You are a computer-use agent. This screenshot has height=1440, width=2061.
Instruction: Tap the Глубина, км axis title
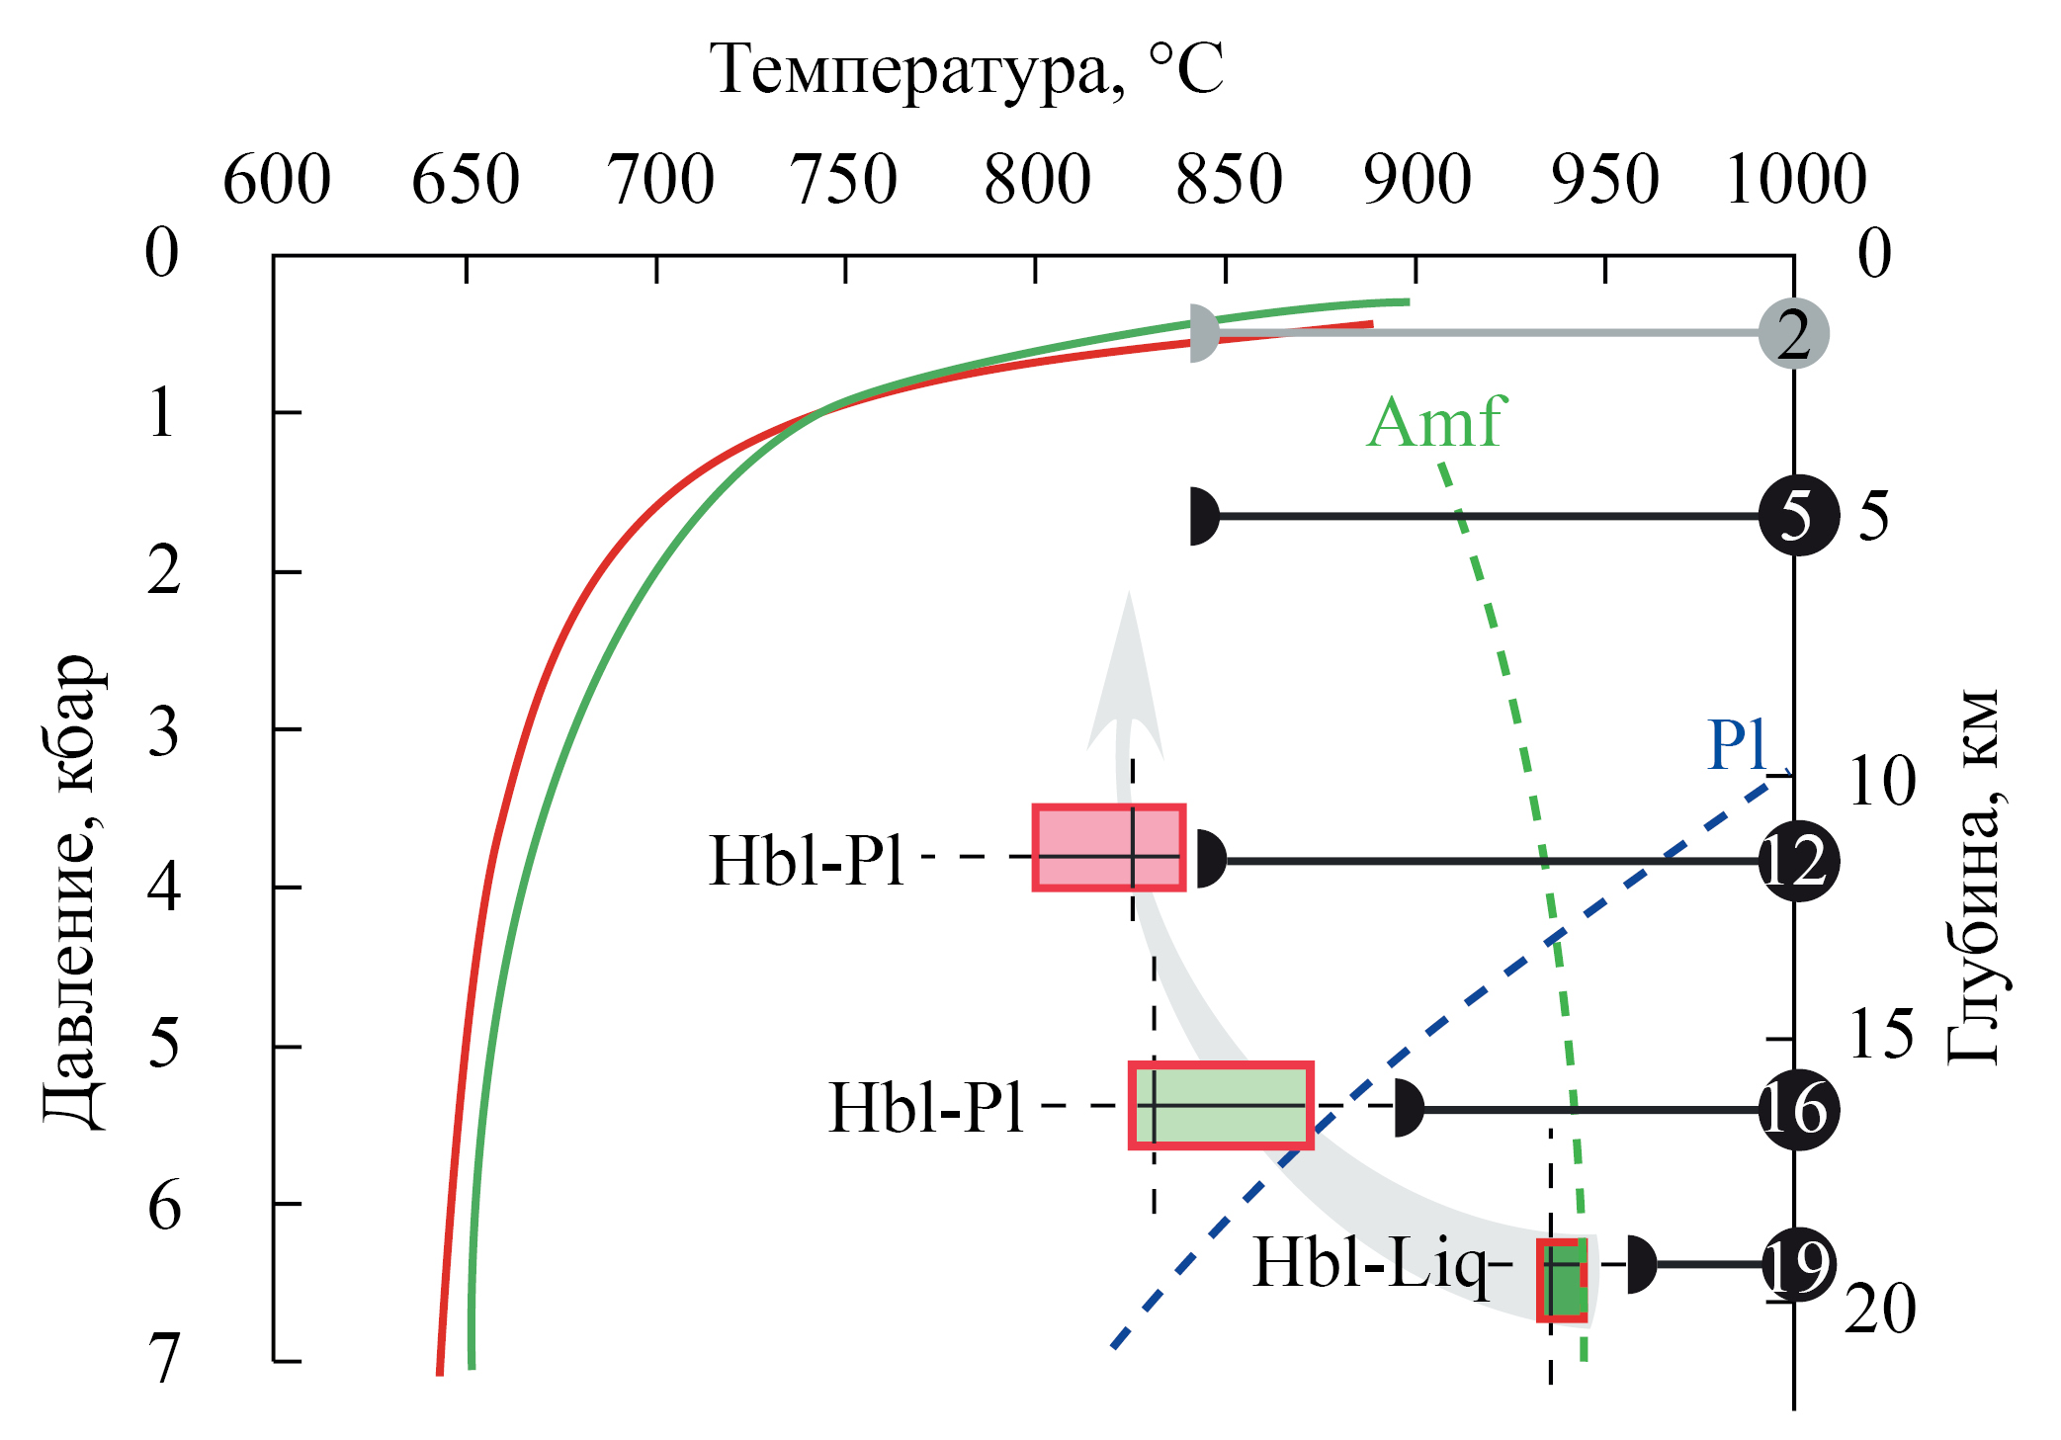coord(1974,878)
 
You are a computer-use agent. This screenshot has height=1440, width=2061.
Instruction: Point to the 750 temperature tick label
coord(843,180)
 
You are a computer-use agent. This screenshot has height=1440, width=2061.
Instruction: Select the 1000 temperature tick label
coord(1795,180)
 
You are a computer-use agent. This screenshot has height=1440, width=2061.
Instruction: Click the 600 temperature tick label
coord(277,180)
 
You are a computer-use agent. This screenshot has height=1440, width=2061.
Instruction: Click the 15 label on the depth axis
coord(1882,1034)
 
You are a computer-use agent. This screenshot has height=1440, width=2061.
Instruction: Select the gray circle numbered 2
coord(1794,333)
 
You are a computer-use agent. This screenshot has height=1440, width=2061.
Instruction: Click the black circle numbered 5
coord(1799,515)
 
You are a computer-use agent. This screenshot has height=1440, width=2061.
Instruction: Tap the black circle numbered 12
coord(1799,861)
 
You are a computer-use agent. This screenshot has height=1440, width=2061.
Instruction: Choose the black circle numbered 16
coord(1799,1110)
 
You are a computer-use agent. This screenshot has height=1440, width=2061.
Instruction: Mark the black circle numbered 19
coord(1799,1264)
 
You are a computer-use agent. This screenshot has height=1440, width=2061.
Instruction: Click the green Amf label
coord(1435,422)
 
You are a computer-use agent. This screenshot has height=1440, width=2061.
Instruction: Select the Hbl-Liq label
coord(1370,1265)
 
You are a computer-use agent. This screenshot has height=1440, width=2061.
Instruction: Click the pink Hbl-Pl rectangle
coord(1109,848)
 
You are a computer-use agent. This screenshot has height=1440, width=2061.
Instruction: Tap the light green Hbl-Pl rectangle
coord(1222,1106)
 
